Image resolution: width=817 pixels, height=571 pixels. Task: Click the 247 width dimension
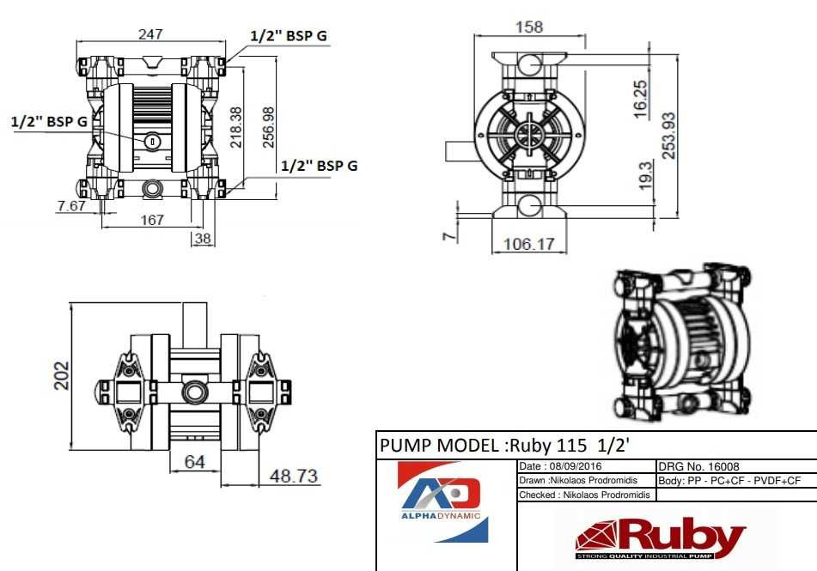(150, 33)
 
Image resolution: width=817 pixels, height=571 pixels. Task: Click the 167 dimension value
(151, 220)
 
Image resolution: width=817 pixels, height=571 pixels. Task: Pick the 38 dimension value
(203, 239)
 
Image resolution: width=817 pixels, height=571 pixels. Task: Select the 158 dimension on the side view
(528, 27)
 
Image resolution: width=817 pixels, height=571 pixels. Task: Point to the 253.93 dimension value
(668, 135)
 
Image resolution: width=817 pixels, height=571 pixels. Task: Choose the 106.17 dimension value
(527, 244)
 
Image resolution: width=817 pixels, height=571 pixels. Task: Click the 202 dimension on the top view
(60, 375)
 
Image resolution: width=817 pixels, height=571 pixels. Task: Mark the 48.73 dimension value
(294, 476)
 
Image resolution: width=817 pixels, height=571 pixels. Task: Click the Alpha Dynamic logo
(446, 502)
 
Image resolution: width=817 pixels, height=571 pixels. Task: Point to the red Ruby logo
(660, 538)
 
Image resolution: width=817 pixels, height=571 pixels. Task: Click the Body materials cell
(735, 481)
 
